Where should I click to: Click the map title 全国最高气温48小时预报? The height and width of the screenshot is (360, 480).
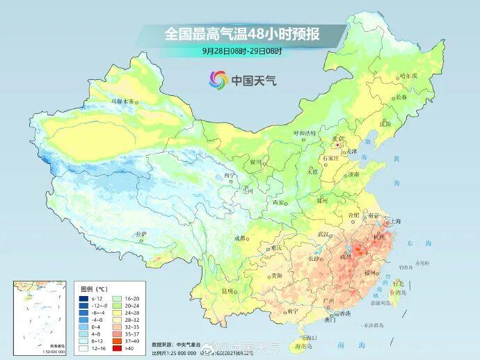pos(240,33)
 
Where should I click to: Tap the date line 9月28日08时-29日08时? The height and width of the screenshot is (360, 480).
pos(240,51)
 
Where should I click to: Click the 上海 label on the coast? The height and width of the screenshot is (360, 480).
pos(395,222)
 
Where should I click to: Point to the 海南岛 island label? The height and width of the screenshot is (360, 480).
pos(310,345)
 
